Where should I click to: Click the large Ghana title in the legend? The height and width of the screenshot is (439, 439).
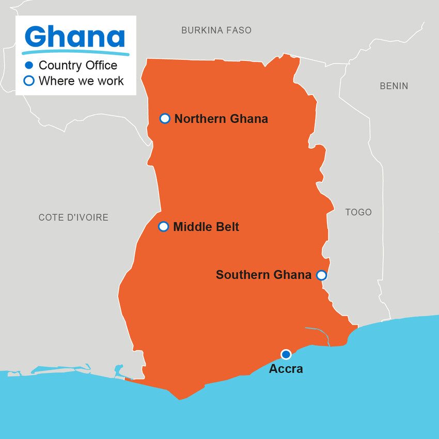(75, 37)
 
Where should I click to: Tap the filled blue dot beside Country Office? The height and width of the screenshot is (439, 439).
(29, 66)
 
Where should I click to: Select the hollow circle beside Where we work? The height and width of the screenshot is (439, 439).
(29, 81)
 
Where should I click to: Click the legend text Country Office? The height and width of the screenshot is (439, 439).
(77, 66)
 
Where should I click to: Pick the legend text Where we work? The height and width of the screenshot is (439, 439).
(81, 81)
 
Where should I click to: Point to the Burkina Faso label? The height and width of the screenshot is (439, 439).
(216, 30)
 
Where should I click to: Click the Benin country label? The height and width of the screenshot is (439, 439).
(394, 86)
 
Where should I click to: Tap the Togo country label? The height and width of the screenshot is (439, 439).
(358, 212)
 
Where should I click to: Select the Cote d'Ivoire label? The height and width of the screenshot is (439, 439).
(73, 217)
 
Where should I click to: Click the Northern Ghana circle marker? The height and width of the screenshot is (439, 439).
(165, 119)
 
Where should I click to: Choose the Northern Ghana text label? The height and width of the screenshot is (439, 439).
(221, 119)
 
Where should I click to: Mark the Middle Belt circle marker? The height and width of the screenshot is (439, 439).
(163, 227)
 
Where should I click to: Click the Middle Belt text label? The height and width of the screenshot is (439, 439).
(206, 227)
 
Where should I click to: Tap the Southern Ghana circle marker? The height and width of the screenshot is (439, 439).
(321, 275)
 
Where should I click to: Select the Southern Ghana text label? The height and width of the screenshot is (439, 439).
(263, 275)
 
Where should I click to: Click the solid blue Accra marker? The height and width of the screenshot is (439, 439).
(286, 354)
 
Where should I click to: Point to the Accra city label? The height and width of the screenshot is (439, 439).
(286, 369)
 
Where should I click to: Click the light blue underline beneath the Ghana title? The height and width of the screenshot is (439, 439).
(75, 53)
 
